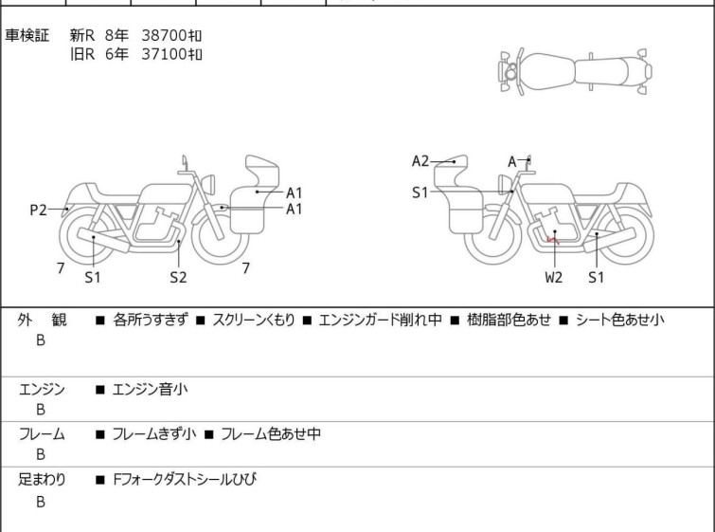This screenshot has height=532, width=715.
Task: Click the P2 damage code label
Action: [38, 210]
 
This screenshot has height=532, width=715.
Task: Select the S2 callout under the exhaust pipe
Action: [178, 277]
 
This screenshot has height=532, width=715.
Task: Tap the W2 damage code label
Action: [554, 277]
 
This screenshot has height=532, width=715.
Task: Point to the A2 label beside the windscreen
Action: [420, 161]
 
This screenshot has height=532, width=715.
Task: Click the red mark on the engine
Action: [553, 239]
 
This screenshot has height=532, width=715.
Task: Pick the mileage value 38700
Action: [164, 35]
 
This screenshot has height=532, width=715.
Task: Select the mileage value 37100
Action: [164, 54]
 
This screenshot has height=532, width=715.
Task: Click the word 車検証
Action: [27, 35]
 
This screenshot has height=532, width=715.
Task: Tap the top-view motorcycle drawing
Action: [576, 71]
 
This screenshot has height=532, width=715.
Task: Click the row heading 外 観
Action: [42, 320]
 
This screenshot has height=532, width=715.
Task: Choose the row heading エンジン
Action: [42, 389]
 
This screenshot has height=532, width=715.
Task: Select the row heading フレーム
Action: [42, 433]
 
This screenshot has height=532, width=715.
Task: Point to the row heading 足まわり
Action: [42, 479]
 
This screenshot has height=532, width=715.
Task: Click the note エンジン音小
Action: [150, 389]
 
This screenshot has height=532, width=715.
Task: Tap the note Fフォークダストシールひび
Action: [185, 479]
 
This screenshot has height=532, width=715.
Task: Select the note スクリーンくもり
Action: [254, 320]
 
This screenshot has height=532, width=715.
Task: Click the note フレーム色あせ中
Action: [271, 433]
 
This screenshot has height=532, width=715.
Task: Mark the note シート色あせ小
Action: [619, 320]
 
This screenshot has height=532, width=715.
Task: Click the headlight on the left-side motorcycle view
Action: [208, 184]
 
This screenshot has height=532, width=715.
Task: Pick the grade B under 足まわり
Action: [41, 502]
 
